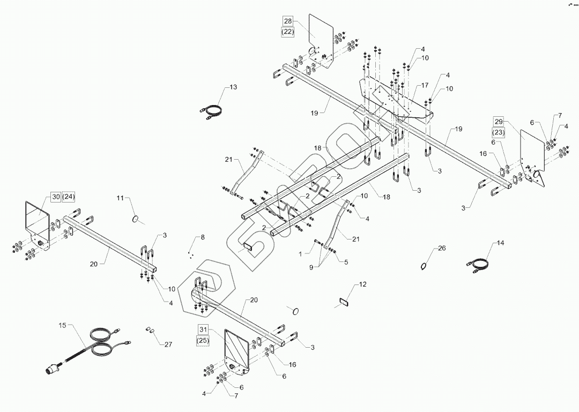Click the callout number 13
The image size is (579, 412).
[233, 87]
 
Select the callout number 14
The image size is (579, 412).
[501, 243]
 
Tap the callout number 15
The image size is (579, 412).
[63, 325]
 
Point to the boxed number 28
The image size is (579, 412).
[288, 21]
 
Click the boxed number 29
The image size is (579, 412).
[499, 122]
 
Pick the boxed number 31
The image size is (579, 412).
[203, 329]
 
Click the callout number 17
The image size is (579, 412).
[425, 85]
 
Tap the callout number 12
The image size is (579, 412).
[363, 284]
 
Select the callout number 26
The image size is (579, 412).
[442, 248]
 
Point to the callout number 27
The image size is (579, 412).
[168, 344]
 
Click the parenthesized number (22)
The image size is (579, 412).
[288, 33]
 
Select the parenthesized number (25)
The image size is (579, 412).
[203, 340]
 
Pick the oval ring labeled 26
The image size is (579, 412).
[425, 266]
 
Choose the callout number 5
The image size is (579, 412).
[346, 262]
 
